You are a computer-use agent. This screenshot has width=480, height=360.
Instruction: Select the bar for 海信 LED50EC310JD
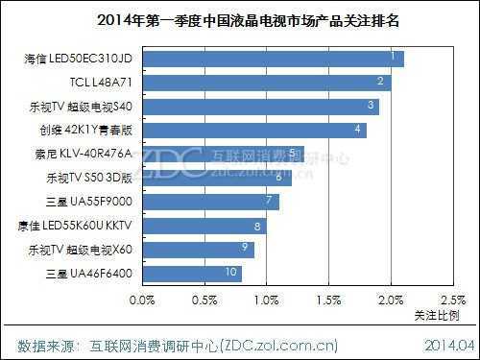tap(273, 60)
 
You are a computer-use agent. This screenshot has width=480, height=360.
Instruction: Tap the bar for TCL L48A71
tap(267, 83)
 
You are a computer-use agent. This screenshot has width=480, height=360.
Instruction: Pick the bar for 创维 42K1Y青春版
tap(254, 130)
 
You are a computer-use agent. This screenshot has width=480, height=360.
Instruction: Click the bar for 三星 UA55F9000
tap(211, 202)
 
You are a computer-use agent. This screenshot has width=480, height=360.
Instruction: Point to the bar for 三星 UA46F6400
tap(192, 274)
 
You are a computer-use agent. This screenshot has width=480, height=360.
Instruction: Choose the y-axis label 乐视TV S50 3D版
tap(88, 179)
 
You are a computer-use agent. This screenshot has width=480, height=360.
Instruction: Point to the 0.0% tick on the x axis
tap(143, 300)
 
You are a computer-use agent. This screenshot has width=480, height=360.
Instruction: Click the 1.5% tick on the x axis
tap(329, 300)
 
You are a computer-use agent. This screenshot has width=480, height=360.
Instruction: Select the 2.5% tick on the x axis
tap(451, 300)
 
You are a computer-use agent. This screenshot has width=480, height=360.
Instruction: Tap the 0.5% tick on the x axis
tap(204, 300)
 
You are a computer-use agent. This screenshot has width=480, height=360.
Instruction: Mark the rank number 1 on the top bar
tap(393, 57)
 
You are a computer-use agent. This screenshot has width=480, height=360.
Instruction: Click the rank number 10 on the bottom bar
tap(230, 273)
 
